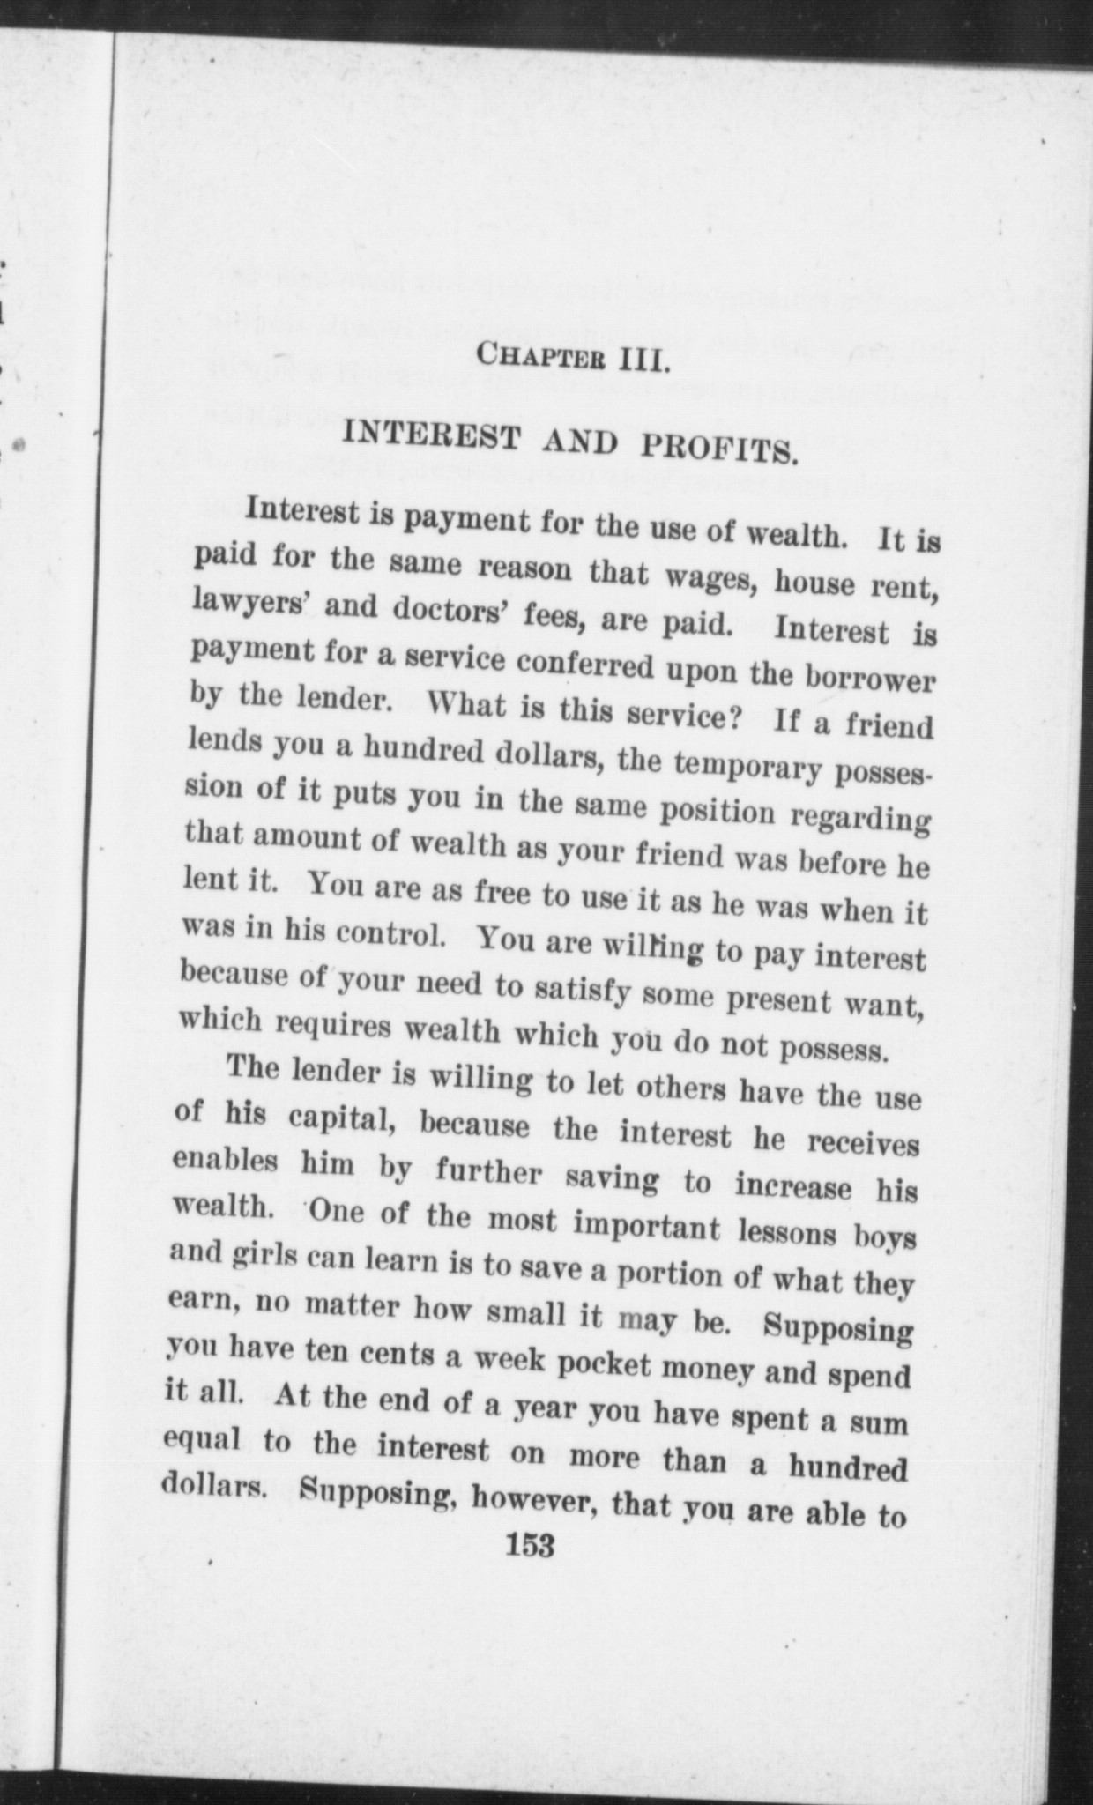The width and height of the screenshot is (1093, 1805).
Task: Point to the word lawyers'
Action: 246,602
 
